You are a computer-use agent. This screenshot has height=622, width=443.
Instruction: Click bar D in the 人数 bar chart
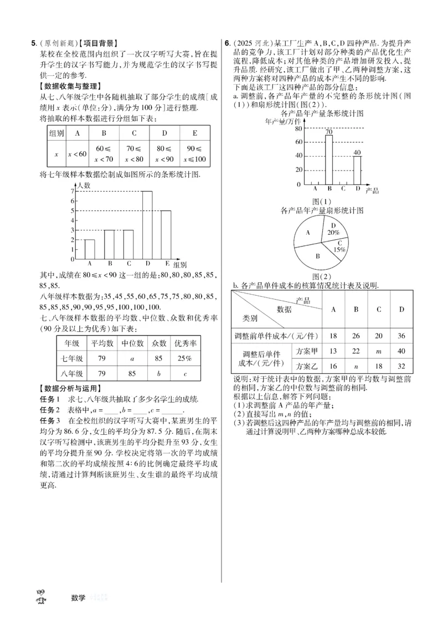click(x=147, y=225)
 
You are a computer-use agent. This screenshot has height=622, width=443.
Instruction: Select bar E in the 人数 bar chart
click(x=166, y=235)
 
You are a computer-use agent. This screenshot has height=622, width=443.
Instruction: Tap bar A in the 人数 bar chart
click(x=89, y=249)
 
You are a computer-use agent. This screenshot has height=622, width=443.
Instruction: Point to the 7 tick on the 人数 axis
click(x=73, y=192)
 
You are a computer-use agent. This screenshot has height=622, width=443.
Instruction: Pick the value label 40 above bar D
click(x=357, y=152)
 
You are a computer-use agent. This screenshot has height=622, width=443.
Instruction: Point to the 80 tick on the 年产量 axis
click(x=298, y=128)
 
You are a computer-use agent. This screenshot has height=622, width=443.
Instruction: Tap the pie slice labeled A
click(x=308, y=233)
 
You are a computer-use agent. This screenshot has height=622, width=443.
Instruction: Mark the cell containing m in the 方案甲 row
click(x=379, y=351)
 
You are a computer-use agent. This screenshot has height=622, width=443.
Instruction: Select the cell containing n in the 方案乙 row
click(x=356, y=366)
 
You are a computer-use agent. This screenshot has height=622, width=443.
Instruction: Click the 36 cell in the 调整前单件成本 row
click(x=401, y=336)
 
